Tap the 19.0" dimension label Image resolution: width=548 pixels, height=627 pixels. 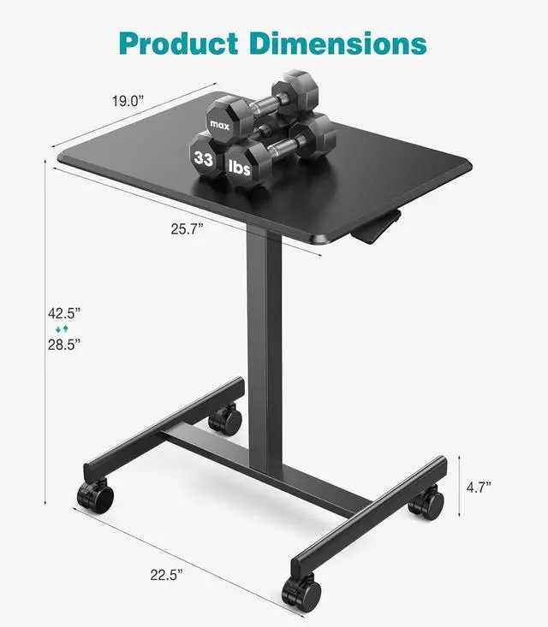coord(129,100)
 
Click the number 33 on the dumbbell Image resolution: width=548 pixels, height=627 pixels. coord(204,158)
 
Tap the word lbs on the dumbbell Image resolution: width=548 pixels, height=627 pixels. coord(241,169)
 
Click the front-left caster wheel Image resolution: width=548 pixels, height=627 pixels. coord(95,494)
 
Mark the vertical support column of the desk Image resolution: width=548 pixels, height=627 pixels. coord(263,342)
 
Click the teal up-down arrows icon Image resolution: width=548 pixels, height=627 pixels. coord(61,328)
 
